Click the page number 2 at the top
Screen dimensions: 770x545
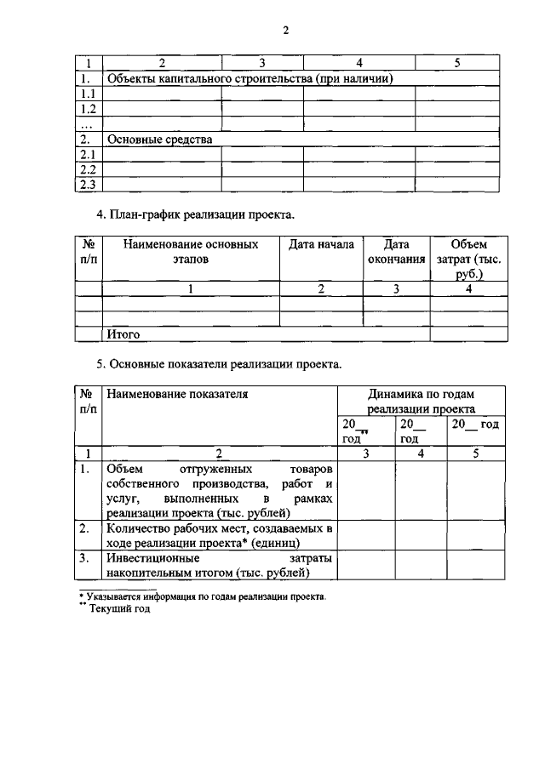click(286, 31)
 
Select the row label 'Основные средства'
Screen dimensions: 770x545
click(158, 139)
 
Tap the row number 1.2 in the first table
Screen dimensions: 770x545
click(88, 109)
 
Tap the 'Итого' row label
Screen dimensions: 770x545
click(123, 334)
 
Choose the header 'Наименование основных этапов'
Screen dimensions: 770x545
click(191, 252)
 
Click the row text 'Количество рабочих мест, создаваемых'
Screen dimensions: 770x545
click(219, 528)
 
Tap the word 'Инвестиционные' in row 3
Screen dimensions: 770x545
click(153, 559)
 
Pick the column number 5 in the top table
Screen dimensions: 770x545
click(456, 62)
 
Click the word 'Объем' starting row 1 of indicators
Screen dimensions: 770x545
click(126, 468)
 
